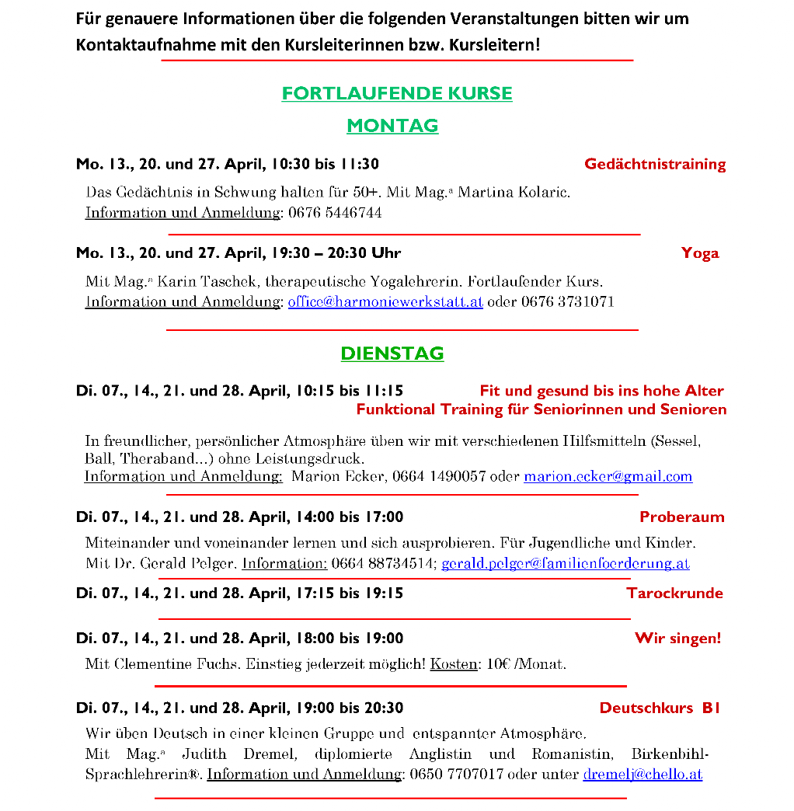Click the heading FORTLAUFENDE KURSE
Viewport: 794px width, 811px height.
[x=397, y=94]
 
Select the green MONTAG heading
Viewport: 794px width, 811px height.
[x=392, y=126]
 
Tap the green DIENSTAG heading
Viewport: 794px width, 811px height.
[x=392, y=353]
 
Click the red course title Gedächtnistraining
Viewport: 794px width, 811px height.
[x=655, y=164]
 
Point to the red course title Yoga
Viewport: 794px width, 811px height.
[x=700, y=253]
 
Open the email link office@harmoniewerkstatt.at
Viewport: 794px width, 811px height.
[x=385, y=302]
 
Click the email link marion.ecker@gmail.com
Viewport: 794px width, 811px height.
[x=608, y=476]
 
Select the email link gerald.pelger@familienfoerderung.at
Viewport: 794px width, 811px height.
[x=565, y=564]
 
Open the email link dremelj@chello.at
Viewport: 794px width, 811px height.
[x=643, y=774]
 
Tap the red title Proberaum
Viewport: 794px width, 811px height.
[x=681, y=517]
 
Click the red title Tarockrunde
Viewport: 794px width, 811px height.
[x=674, y=593]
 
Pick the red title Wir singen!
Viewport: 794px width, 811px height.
[x=677, y=639]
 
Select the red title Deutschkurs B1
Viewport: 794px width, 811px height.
[x=660, y=708]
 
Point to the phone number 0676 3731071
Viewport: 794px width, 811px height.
[x=567, y=302]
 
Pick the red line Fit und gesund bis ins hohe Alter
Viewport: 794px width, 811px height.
[x=601, y=391]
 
